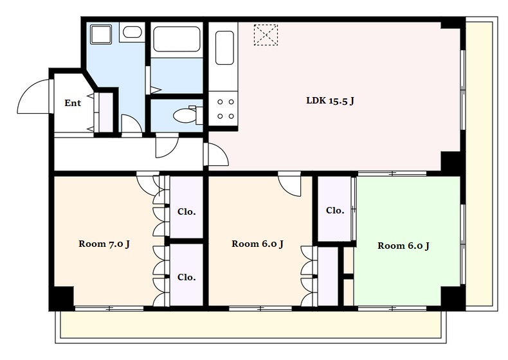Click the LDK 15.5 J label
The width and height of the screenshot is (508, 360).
tap(330, 101)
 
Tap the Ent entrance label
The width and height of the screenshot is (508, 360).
tap(73, 103)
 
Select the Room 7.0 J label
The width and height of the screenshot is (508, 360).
tap(104, 244)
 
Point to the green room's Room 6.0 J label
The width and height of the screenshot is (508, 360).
tap(403, 246)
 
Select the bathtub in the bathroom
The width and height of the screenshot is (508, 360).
tap(177, 39)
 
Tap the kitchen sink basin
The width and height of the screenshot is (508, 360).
tap(224, 48)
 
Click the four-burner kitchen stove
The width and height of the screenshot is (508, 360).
tap(223, 108)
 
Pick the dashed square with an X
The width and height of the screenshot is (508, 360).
tap(266, 35)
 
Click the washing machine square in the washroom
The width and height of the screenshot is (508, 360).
tap(101, 34)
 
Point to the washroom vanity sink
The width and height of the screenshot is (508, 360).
tap(132, 32)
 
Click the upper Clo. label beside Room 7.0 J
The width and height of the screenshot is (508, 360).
tap(186, 212)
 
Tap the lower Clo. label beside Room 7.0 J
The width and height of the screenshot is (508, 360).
tap(186, 277)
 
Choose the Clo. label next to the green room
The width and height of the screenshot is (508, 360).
tap(335, 211)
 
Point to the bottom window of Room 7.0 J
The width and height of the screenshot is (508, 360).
tap(109, 309)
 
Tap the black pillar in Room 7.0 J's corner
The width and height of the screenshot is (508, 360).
tap(63, 297)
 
